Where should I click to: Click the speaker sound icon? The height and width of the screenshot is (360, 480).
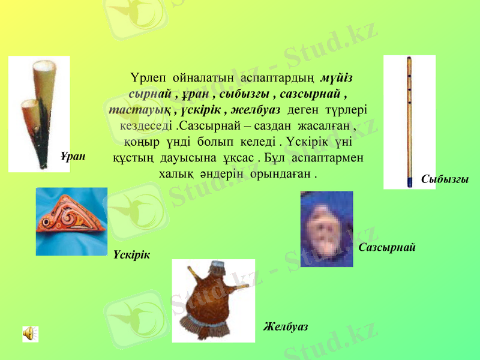point(30,334)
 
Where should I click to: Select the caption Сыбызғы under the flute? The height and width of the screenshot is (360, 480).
point(445,179)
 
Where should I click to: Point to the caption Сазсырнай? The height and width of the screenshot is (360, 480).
point(387,247)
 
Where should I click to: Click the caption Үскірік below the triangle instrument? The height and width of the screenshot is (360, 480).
point(131,255)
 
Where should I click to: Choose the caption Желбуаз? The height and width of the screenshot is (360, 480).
point(286,326)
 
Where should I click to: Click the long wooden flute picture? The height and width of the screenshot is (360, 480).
point(409,120)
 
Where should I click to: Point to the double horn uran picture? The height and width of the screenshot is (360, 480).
point(39,114)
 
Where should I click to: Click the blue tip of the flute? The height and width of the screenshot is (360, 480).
point(410,180)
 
